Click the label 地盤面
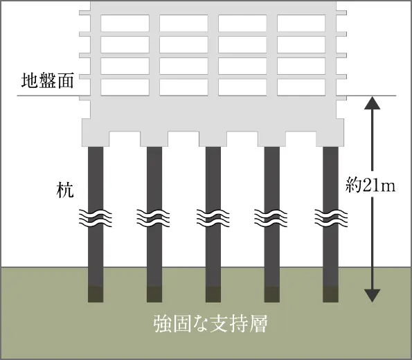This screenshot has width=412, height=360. coord(47,81)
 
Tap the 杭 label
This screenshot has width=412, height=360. coord(65,190)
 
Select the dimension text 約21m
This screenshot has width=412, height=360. coord(370,186)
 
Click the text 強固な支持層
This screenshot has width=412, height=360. coord(211,323)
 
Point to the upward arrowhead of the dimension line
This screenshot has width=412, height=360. coord(373,102)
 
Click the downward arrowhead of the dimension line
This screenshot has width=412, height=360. coord(373,296)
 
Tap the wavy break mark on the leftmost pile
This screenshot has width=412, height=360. coord(96,218)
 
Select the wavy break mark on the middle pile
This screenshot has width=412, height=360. coord(213,218)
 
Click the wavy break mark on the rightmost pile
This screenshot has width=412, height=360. coord(331,218)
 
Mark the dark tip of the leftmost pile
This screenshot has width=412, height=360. coord(96,294)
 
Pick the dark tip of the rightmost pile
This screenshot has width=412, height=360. coord(330,294)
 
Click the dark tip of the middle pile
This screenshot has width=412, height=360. coord(213,294)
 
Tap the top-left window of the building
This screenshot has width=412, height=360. coord(125,23)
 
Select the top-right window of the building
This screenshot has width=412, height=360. coord(301,23)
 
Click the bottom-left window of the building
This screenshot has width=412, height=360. coord(125,87)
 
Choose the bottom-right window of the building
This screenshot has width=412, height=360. coord(301,87)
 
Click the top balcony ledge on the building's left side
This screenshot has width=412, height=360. coord(84,12)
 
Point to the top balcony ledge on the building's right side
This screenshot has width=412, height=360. coord(341,12)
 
